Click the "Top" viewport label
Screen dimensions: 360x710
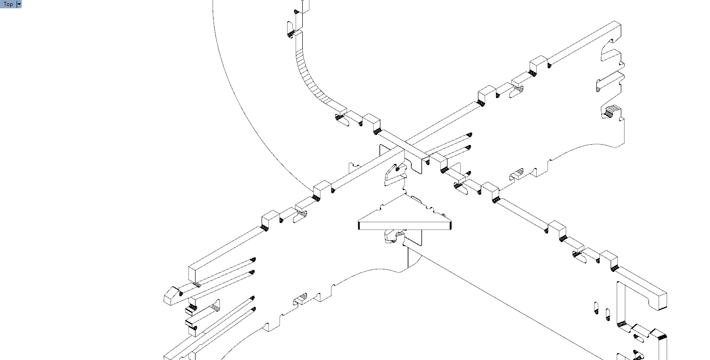[8, 4]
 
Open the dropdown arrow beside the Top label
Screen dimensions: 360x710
[19, 4]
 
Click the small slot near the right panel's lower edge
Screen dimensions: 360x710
[516, 174]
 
